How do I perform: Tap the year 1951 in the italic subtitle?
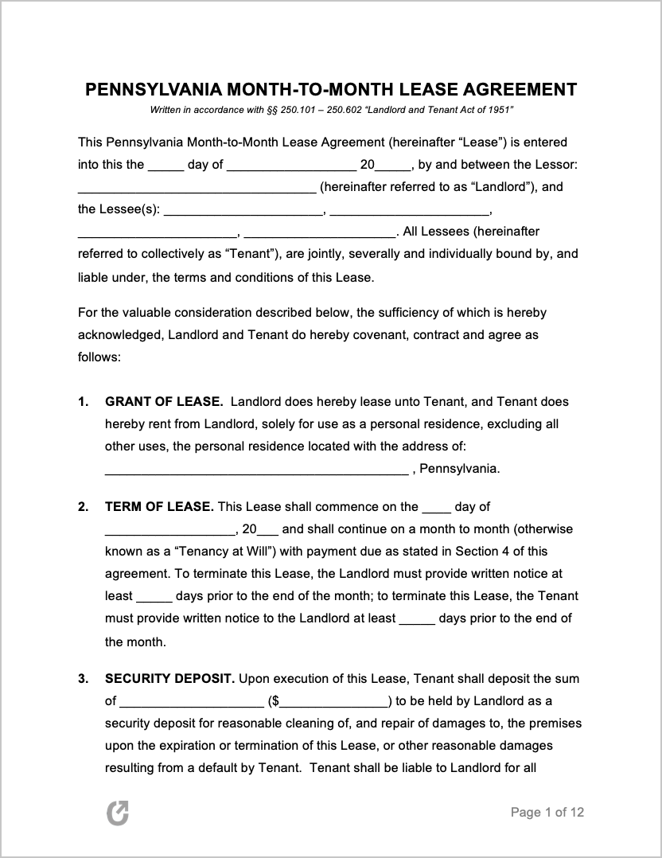[x=499, y=109]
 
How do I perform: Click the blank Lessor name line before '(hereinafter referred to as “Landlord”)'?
[x=197, y=189]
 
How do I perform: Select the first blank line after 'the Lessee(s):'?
[x=243, y=211]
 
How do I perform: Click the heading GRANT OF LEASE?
[x=164, y=402]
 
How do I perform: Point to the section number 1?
[x=84, y=402]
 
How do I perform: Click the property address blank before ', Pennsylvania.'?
[x=256, y=470]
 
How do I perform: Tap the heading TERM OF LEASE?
[x=159, y=507]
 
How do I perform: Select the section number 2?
[x=84, y=507]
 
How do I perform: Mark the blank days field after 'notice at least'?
[x=154, y=597]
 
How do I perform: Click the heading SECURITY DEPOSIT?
[x=169, y=679]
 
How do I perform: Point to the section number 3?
[x=84, y=679]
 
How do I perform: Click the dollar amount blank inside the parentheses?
[x=334, y=702]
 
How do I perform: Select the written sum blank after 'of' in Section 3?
[x=192, y=702]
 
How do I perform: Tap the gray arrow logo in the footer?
[x=118, y=813]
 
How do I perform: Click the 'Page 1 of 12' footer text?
[x=547, y=813]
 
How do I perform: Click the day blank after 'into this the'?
[x=165, y=166]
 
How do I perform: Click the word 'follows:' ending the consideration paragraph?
[x=99, y=357]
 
